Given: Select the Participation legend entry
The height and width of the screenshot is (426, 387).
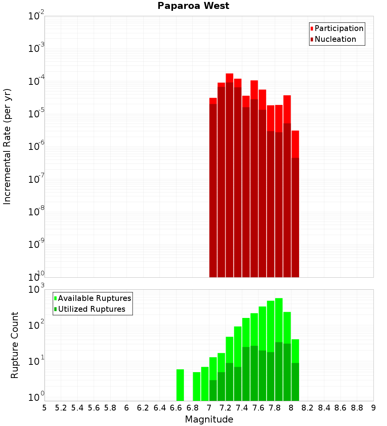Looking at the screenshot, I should click(339, 29).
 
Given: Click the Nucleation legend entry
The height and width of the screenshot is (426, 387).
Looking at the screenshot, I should click(335, 40).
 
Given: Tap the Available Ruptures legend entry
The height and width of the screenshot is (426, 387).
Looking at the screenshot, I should click(94, 299).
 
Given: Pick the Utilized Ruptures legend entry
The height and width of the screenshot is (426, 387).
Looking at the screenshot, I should click(91, 309).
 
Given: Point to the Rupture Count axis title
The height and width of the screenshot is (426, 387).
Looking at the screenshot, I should click(15, 345).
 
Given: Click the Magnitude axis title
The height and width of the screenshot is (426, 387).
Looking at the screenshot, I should click(209, 419).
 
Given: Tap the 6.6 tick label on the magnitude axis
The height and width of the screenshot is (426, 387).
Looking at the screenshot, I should click(176, 408).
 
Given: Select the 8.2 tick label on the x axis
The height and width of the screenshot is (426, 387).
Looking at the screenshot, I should click(308, 408).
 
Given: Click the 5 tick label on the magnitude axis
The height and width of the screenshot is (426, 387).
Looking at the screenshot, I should click(45, 408).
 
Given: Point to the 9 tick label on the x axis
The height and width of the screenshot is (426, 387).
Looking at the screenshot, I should click(373, 408).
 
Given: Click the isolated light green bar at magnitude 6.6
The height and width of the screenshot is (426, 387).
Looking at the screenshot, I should click(180, 385).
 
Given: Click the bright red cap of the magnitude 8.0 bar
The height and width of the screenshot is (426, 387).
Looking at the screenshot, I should click(295, 143).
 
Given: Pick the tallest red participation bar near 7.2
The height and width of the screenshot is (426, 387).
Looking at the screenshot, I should click(229, 77).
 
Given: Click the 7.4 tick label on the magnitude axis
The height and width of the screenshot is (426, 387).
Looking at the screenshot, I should click(242, 408).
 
